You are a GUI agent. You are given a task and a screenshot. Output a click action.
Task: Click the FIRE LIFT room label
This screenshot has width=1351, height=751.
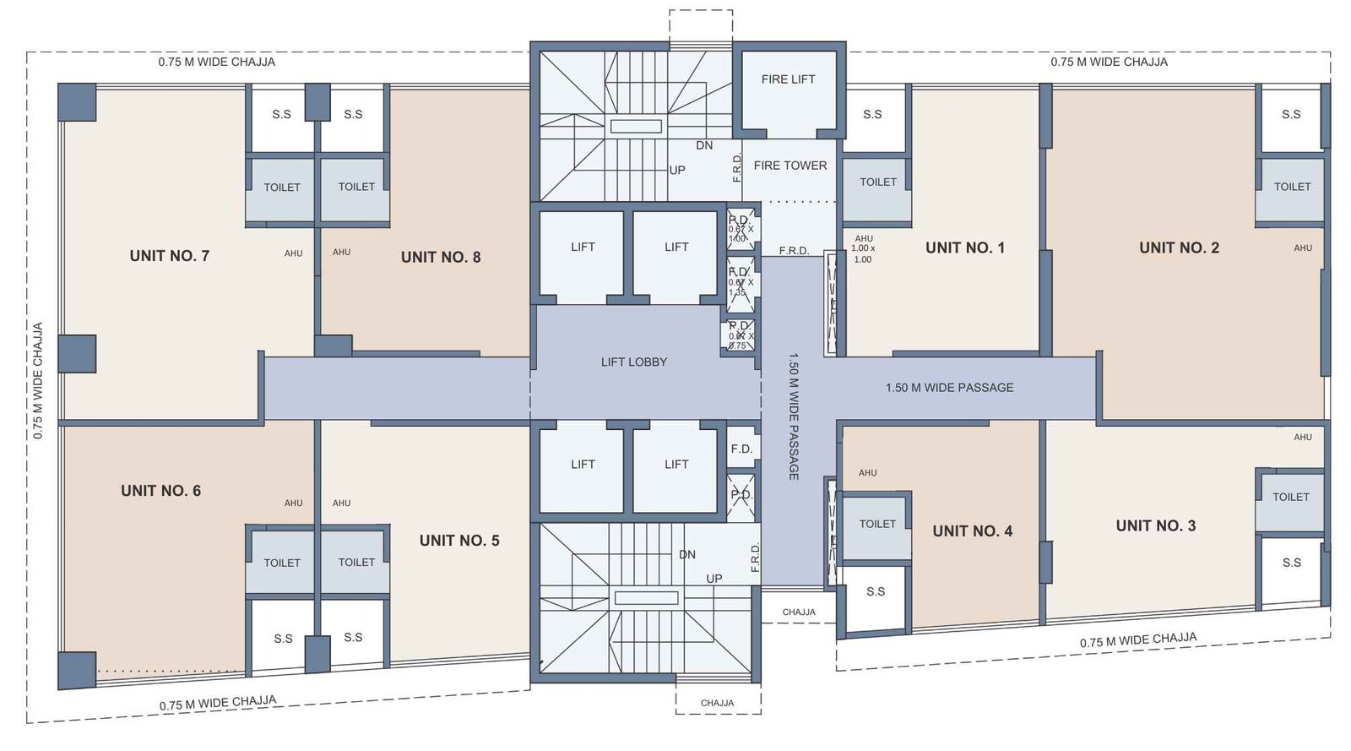(x=788, y=79)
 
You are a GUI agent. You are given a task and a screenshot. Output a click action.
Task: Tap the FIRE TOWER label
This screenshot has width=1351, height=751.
(x=790, y=166)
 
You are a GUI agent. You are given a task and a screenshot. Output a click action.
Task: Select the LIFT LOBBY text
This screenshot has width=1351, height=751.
(x=633, y=362)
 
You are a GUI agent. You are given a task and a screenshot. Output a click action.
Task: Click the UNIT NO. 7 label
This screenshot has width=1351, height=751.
(x=169, y=256)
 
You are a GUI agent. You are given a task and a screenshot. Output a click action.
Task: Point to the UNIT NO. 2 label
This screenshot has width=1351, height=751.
(x=1179, y=248)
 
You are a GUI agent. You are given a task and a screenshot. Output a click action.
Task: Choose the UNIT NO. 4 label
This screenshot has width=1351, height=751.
(x=972, y=531)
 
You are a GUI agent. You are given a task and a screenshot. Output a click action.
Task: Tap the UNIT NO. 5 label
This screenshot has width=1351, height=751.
(x=459, y=541)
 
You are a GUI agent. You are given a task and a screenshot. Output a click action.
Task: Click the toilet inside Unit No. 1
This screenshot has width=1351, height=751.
(x=877, y=182)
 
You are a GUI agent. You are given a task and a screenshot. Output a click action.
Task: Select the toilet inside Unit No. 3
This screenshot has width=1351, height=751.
(x=1290, y=498)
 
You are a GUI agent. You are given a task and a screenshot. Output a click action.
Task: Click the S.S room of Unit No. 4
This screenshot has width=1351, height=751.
(x=876, y=591)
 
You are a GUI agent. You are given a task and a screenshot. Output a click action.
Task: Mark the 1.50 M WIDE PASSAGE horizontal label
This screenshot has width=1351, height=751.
(x=949, y=388)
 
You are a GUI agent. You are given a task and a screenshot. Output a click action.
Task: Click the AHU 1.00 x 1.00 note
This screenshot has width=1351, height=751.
(x=863, y=249)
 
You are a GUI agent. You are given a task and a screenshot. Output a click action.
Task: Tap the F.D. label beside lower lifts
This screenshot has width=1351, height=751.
(x=741, y=449)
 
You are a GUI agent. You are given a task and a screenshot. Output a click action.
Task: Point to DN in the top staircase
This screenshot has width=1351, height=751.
(x=704, y=145)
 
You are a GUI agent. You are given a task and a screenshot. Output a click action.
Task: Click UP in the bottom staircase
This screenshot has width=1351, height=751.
(x=714, y=579)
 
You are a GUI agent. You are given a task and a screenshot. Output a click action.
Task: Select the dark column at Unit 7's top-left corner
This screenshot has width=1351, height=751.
(x=77, y=102)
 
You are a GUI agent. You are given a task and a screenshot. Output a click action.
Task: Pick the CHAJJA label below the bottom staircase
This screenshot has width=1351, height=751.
(x=717, y=703)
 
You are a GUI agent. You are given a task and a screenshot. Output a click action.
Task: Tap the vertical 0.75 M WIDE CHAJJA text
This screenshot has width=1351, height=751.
(x=37, y=380)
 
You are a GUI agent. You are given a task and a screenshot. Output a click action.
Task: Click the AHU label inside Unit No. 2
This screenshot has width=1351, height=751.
(x=1303, y=248)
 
